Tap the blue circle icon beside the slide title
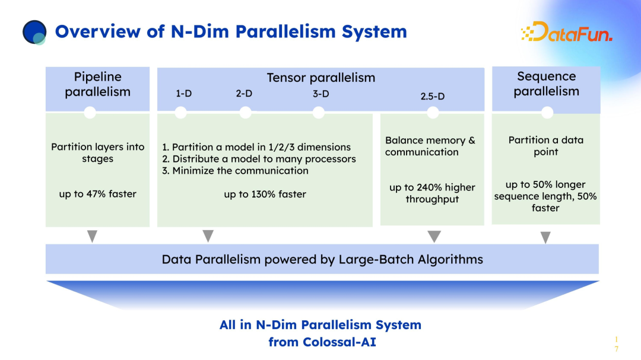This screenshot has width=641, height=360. [34, 32]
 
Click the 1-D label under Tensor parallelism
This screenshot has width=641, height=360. [183, 94]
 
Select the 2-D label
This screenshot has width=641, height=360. [244, 94]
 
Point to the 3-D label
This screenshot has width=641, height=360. [320, 94]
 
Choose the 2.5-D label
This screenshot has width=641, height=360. [432, 96]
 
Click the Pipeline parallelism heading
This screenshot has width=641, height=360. [97, 84]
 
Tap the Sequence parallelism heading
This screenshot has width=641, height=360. [546, 84]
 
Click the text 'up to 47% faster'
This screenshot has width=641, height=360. [97, 194]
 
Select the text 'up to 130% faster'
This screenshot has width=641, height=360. [265, 194]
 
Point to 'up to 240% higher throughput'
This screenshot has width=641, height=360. [432, 193]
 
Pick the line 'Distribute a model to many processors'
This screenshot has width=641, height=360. [259, 159]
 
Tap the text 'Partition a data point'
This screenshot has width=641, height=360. [546, 146]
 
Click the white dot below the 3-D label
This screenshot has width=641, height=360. [319, 113]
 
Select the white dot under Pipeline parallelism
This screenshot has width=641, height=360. [90, 113]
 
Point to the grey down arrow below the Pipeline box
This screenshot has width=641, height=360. [92, 237]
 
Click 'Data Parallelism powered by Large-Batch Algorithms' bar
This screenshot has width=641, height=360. [322, 259]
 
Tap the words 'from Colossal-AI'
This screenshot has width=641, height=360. [322, 342]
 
